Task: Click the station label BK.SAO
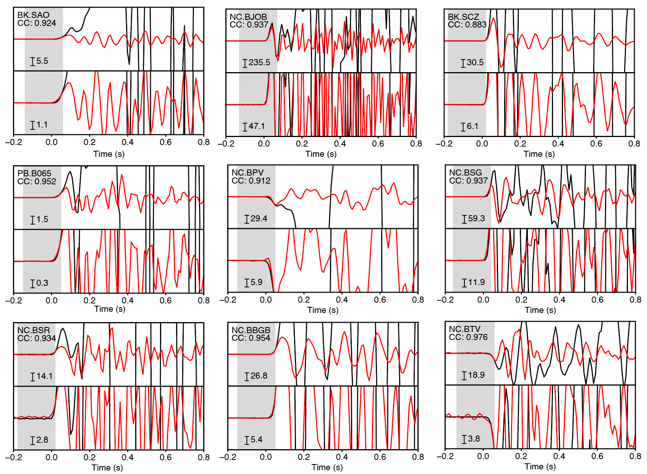pyautogui.click(x=33, y=15)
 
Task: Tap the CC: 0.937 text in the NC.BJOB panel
pyautogui.click(x=249, y=25)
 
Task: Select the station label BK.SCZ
pyautogui.click(x=463, y=17)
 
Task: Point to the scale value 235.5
pyautogui.click(x=259, y=62)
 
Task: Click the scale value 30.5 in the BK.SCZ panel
pyautogui.click(x=475, y=62)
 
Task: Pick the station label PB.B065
pyautogui.click(x=34, y=173)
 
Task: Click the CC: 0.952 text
pyautogui.click(x=37, y=182)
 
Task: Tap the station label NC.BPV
pyautogui.click(x=247, y=173)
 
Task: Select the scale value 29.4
pyautogui.click(x=259, y=218)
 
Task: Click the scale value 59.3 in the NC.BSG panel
pyautogui.click(x=476, y=218)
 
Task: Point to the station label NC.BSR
pyautogui.click(x=34, y=330)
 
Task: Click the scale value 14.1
pyautogui.click(x=44, y=376)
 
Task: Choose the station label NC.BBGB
pyautogui.click(x=251, y=330)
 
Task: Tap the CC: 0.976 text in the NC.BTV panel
pyautogui.click(x=468, y=337)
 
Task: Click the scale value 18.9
pyautogui.click(x=476, y=375)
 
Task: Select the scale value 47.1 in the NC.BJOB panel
pyautogui.click(x=257, y=126)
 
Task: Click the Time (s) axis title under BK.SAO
pyautogui.click(x=109, y=154)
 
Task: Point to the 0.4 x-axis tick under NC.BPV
pyautogui.click(x=342, y=300)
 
